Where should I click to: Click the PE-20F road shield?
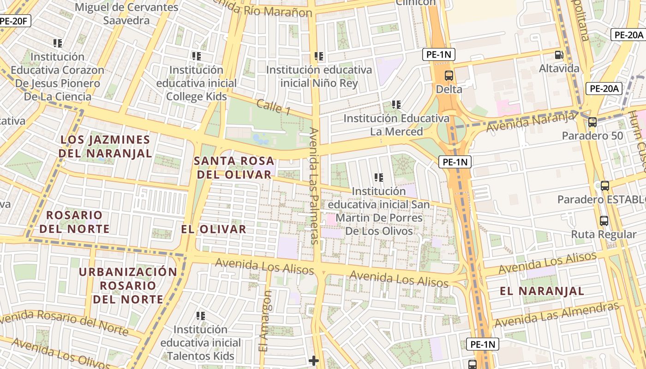tap(15, 21)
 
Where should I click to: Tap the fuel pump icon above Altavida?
tap(559, 55)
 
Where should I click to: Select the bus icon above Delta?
tap(449, 76)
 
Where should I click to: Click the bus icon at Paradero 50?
tap(592, 122)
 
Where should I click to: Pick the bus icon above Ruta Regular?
tap(604, 221)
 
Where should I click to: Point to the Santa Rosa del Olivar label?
tap(234, 168)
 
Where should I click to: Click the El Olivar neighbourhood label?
tap(214, 229)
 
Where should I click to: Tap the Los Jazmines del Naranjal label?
tap(106, 146)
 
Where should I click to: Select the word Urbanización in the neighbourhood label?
tap(128, 272)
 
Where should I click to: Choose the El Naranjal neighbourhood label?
tap(542, 291)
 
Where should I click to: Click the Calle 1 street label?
tap(274, 107)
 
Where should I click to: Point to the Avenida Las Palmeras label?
tap(314, 185)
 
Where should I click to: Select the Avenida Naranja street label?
tap(531, 122)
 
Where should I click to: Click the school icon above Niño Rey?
tap(319, 56)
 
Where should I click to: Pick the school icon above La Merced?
tap(396, 105)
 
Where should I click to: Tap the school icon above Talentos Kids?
tap(201, 316)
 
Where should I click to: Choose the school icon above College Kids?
tap(197, 56)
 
